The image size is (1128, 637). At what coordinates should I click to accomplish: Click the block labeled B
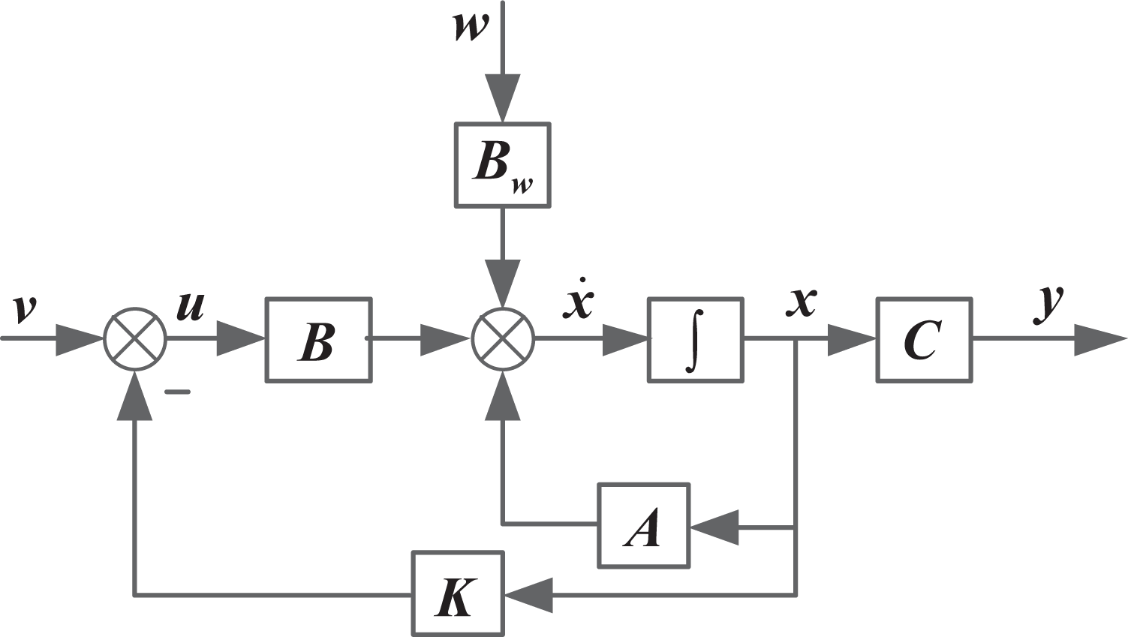tap(319, 340)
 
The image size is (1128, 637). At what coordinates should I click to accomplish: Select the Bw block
tap(503, 164)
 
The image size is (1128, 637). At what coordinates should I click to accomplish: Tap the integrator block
tap(696, 340)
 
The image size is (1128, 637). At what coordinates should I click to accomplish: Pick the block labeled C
tap(925, 340)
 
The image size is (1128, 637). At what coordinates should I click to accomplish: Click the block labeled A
tap(644, 526)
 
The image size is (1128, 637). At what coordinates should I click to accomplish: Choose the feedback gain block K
tap(459, 593)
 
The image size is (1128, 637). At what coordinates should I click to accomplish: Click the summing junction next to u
tap(135, 339)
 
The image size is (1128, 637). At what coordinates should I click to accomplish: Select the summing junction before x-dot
tap(503, 339)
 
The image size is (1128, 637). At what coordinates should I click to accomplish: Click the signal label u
tap(191, 305)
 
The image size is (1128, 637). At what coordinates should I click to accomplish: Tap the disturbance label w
tap(471, 27)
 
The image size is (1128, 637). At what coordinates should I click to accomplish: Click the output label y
tap(1049, 305)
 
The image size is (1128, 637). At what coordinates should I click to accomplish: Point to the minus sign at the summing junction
tap(178, 391)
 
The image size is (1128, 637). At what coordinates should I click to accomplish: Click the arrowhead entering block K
tap(529, 595)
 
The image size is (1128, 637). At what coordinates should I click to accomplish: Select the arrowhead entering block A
tap(714, 527)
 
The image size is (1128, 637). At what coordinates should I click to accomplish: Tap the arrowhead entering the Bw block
tap(503, 98)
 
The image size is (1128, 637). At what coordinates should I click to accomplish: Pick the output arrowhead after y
tap(1101, 339)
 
